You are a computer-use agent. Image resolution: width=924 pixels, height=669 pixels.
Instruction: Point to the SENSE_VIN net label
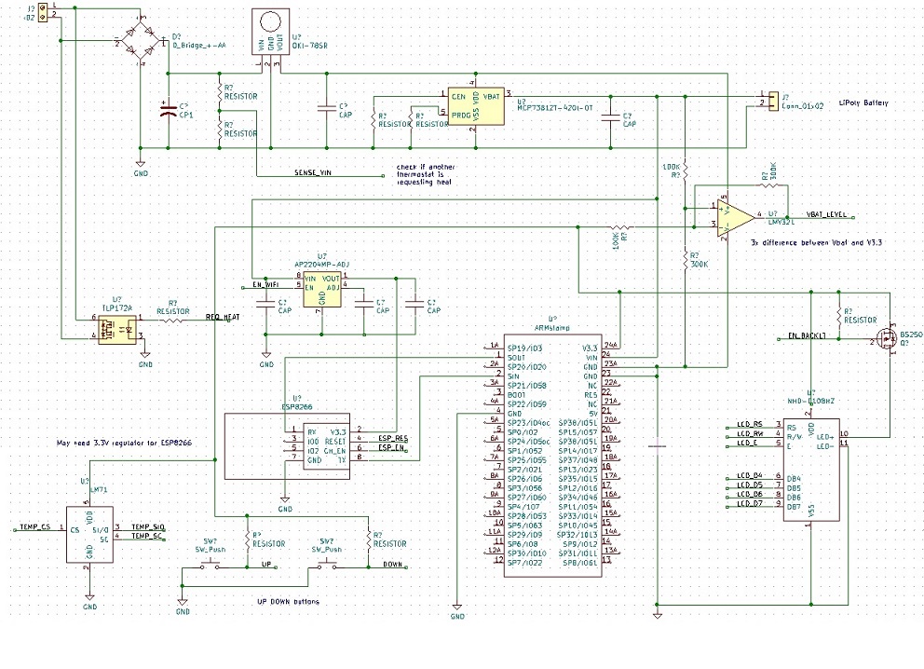[313, 173]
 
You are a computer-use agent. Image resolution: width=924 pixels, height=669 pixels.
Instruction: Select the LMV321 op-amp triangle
[736, 215]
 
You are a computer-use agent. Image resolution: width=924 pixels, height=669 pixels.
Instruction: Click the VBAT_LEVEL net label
[826, 214]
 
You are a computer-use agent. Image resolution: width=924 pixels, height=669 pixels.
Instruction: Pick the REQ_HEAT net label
[223, 318]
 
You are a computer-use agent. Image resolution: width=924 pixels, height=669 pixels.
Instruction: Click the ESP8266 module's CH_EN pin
[337, 449]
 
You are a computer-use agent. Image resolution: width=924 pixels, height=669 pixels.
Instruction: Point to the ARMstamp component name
[552, 327]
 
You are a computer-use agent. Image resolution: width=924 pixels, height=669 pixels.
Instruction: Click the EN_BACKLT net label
[807, 334]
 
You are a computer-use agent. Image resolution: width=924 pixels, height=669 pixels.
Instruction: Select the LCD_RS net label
[750, 424]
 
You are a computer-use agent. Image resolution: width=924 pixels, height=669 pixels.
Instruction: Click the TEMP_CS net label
[34, 527]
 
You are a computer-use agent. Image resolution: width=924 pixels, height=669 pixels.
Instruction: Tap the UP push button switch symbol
[210, 562]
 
